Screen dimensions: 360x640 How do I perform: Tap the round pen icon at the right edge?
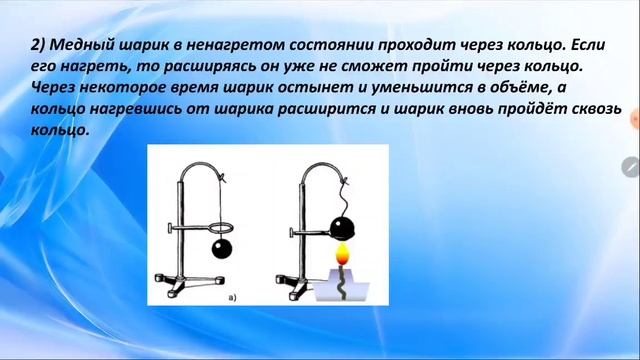click(630, 166)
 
